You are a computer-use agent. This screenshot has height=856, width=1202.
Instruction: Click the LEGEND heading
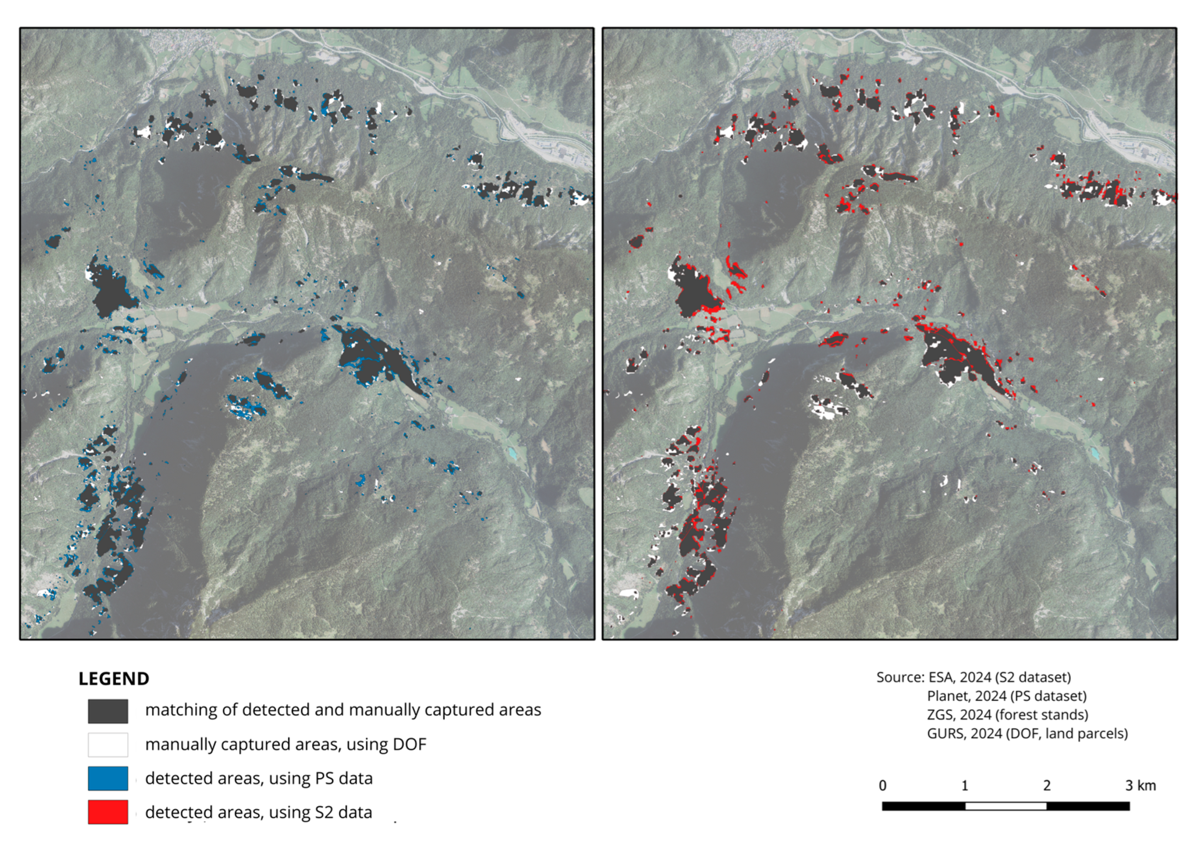tap(114, 679)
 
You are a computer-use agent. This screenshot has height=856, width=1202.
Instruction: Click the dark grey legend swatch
tap(107, 711)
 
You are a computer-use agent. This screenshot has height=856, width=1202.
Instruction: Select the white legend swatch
tap(107, 745)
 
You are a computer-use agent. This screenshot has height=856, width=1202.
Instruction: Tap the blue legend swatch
tap(107, 778)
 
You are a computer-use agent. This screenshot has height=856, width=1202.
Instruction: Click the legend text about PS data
tap(259, 778)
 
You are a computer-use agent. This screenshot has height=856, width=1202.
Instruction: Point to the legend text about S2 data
tap(258, 812)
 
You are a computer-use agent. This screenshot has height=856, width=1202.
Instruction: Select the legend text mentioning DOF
tap(286, 744)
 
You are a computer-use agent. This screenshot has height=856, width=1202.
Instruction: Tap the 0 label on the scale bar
tap(883, 786)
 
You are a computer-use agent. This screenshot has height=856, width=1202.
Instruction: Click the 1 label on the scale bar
tap(965, 786)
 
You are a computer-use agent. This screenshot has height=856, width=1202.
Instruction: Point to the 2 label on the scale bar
tap(1047, 786)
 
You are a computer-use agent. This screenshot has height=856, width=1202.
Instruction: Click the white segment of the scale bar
tap(1006, 806)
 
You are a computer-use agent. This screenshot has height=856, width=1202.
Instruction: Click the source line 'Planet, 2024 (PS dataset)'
tap(1006, 696)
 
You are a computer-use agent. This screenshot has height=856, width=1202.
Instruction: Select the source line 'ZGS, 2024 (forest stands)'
tap(1008, 715)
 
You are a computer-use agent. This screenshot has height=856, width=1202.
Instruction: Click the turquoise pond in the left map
tap(512, 452)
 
